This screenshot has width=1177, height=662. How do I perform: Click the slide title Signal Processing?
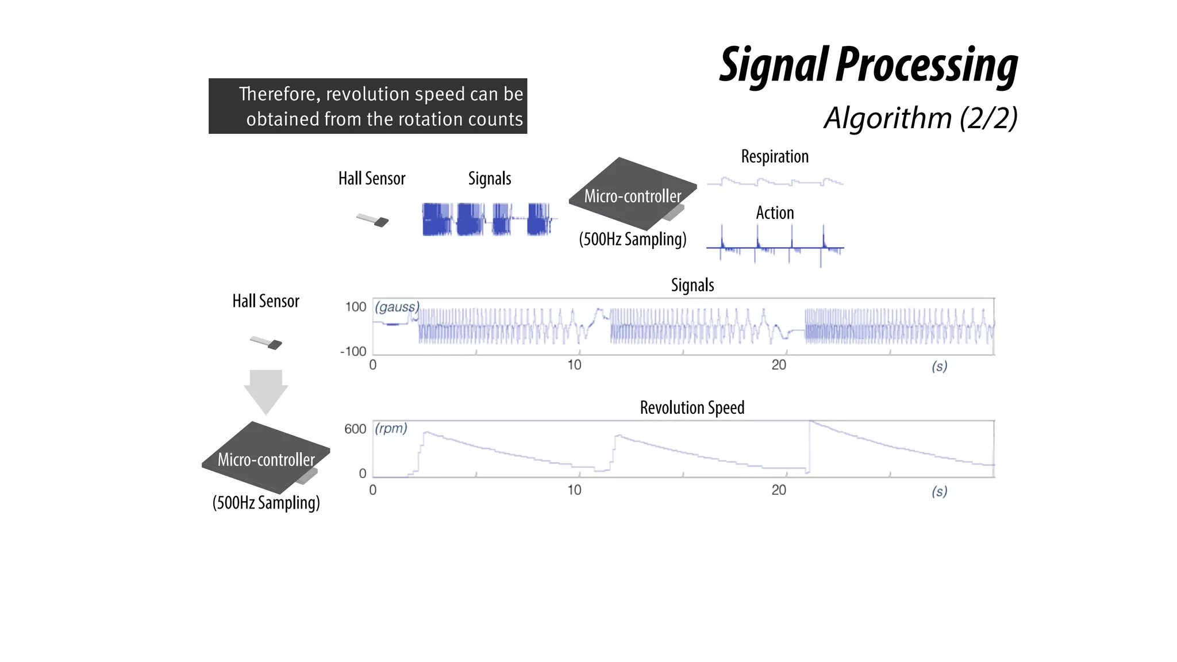coord(868,66)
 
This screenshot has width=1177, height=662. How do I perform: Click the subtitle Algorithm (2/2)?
coord(920,118)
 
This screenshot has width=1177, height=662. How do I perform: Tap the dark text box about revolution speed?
coord(368,106)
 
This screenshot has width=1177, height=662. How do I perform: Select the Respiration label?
coord(774,156)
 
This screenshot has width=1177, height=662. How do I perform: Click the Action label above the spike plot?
coord(775,213)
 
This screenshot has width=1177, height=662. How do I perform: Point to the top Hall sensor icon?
coord(373,220)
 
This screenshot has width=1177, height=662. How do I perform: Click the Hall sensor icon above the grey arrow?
coord(267,342)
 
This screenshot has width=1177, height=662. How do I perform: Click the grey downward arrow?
coord(266,391)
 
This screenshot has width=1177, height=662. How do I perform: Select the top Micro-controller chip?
coord(632,194)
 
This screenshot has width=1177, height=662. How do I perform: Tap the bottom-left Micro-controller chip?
coord(266,458)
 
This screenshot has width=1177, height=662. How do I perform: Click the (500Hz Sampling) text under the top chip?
coord(632,239)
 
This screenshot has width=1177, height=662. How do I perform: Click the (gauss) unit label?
coord(397,307)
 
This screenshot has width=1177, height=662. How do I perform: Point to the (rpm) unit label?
coord(391,428)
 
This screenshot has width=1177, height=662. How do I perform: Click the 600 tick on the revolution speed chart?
coord(355,429)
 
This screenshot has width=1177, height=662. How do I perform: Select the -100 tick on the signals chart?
coord(353,351)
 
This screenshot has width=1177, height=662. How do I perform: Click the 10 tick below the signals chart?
coord(574,365)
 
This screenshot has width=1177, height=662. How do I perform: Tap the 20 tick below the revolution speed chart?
coord(778,490)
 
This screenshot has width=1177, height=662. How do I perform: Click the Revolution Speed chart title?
coord(692,407)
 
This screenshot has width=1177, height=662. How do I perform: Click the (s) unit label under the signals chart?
coord(939,366)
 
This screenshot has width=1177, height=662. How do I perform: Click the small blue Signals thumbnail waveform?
coord(489,219)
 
